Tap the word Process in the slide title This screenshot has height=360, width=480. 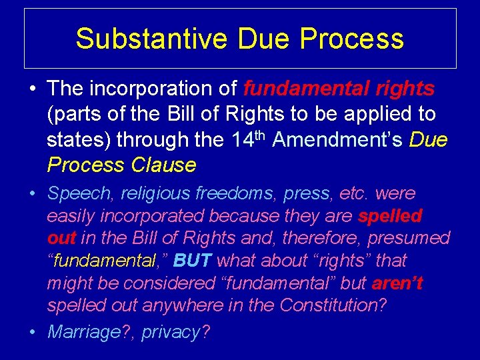[351, 39]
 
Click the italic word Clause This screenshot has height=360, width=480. [163, 165]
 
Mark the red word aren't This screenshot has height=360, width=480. [397, 283]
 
